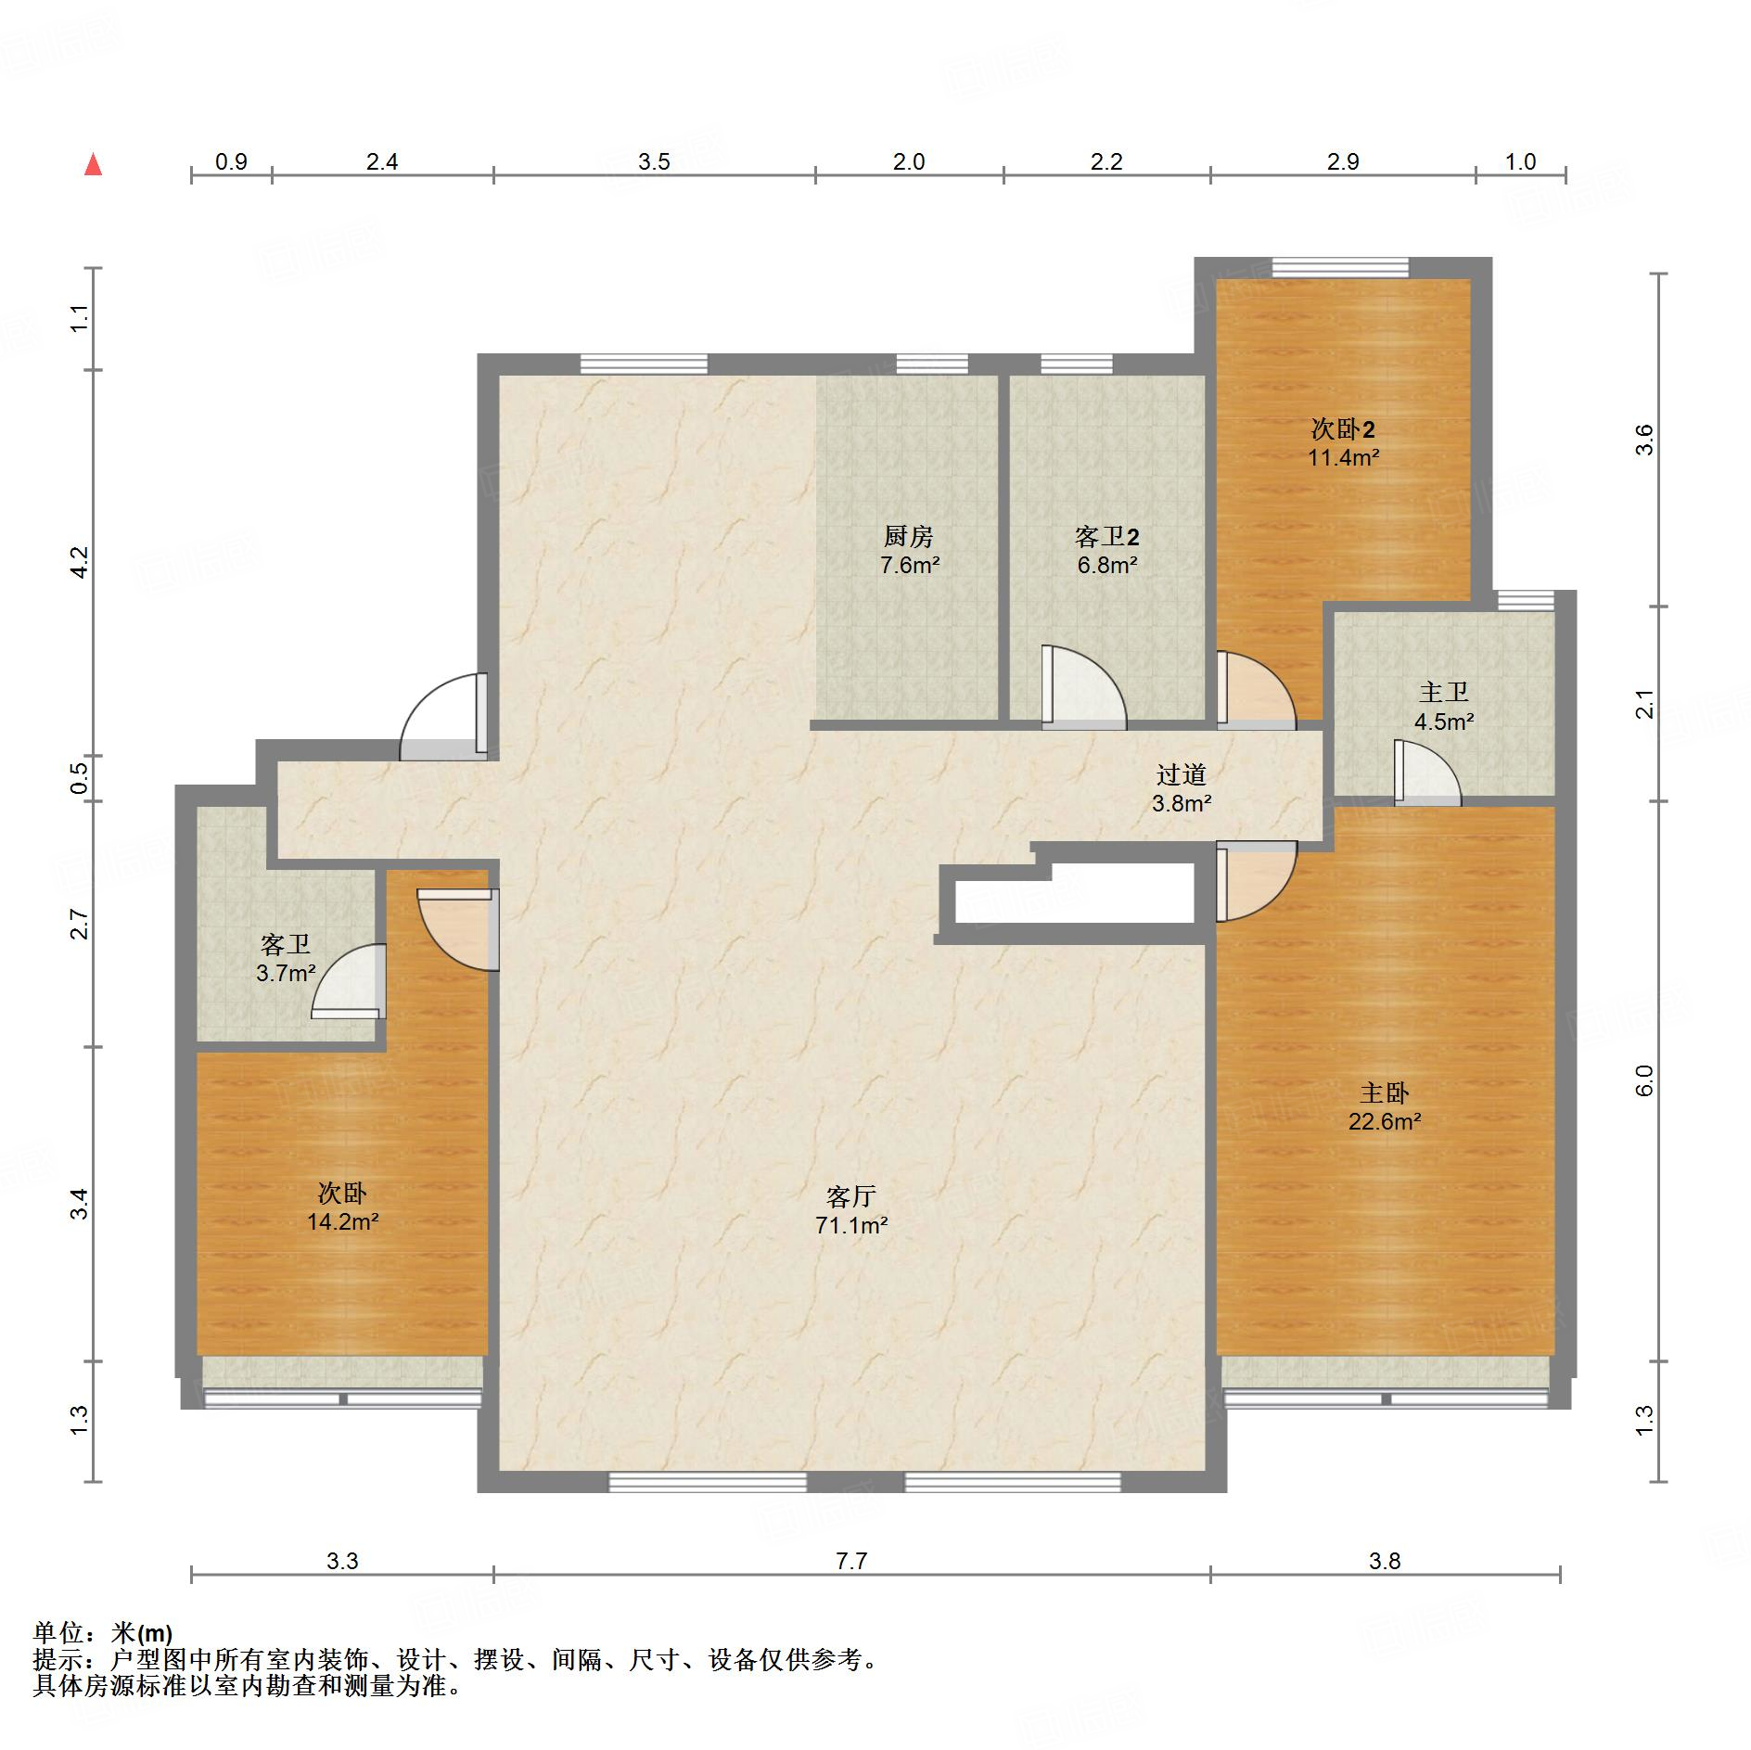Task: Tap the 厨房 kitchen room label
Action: (908, 536)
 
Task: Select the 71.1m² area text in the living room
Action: (851, 1225)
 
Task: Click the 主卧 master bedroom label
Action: (1385, 1092)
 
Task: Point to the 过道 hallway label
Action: (1182, 774)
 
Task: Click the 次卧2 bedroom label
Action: (1343, 428)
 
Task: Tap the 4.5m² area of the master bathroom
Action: (1444, 721)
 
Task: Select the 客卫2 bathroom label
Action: (1107, 536)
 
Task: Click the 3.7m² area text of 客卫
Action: (286, 973)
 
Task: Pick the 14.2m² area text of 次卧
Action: (342, 1221)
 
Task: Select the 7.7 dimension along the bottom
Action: (850, 1561)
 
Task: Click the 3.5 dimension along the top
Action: (654, 162)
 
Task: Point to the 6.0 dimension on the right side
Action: (1643, 1080)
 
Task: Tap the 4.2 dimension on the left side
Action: (80, 562)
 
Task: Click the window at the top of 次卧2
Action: (1340, 268)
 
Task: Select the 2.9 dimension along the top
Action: (1342, 162)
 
